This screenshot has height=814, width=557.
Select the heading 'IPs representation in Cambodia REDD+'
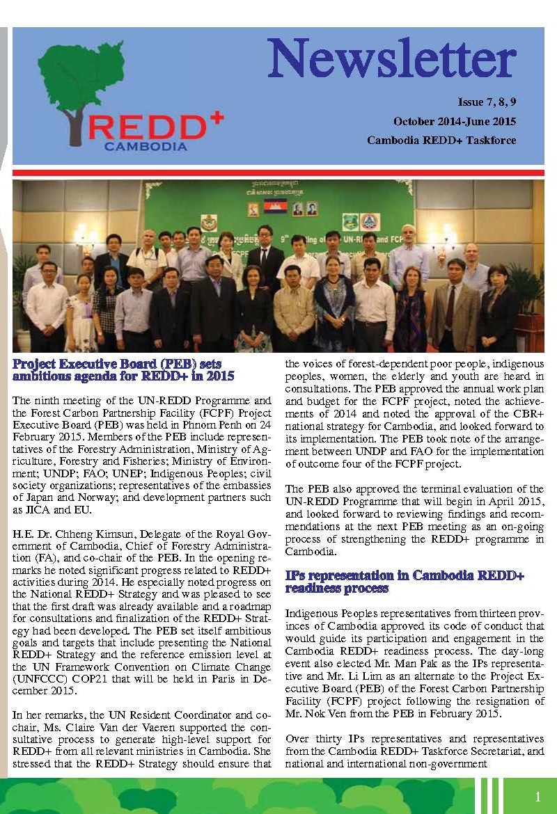(x=405, y=576)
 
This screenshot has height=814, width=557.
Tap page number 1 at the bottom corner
(x=538, y=797)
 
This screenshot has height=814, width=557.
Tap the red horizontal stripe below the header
(x=278, y=172)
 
